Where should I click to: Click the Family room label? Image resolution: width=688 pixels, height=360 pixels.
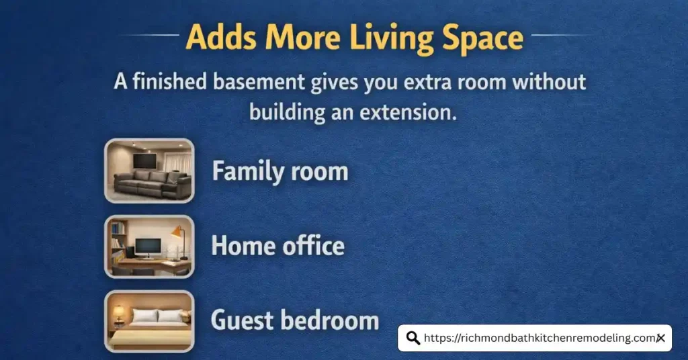(x=280, y=172)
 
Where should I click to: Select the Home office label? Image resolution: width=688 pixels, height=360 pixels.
(x=277, y=246)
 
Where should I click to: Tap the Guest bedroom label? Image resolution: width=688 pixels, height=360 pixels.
(x=295, y=320)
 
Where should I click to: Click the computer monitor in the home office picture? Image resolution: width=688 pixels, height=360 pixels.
(x=147, y=246)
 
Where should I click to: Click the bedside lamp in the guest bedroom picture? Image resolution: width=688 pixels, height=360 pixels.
(x=118, y=312)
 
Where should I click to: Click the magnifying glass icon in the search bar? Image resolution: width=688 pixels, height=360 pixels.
(x=413, y=338)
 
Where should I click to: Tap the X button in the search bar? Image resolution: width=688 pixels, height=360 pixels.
(x=660, y=338)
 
